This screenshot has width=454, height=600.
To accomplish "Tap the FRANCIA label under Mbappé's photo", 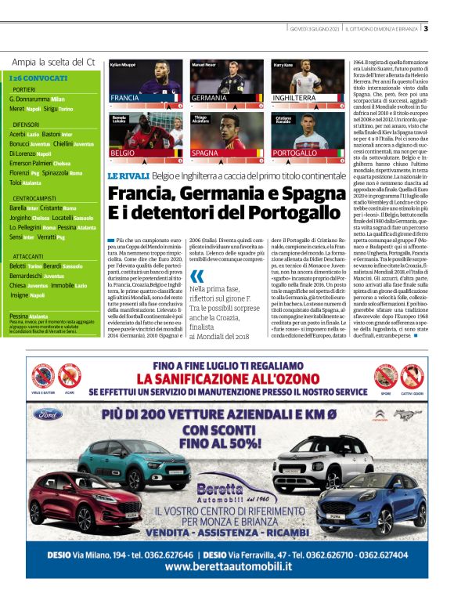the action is click(125, 98).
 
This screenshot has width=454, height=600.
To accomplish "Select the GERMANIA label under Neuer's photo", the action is click(209, 98).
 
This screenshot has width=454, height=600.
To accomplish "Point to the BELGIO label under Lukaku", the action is click(123, 154).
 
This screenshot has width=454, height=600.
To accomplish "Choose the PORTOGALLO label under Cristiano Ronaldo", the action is click(296, 154).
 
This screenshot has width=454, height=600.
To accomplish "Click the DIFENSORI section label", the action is click(27, 124).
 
